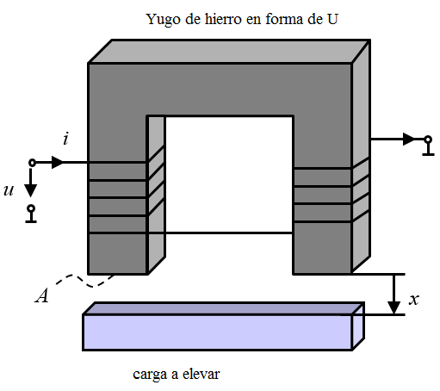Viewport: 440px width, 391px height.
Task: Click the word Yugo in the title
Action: tap(164, 20)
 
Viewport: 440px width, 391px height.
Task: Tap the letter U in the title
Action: tap(332, 19)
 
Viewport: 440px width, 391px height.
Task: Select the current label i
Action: tap(66, 139)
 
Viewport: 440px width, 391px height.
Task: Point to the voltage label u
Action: tap(9, 190)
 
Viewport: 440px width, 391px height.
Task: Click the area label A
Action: tap(42, 295)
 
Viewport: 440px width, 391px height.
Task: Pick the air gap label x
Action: tap(414, 300)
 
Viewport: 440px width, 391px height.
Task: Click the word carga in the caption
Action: tap(150, 375)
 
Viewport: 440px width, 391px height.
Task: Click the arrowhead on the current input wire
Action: tap(57, 163)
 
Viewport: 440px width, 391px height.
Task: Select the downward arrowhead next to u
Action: tap(30, 190)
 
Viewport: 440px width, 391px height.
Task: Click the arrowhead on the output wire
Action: tap(409, 140)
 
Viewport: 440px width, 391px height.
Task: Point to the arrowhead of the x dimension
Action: tap(394, 307)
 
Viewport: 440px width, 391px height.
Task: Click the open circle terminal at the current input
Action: tap(32, 163)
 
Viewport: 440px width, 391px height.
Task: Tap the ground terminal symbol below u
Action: tap(31, 214)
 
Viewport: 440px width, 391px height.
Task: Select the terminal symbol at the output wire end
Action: tap(428, 146)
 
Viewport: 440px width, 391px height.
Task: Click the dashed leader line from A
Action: tap(84, 281)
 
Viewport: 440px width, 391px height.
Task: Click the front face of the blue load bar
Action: tap(218, 332)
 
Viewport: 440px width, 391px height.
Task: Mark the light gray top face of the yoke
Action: tap(229, 51)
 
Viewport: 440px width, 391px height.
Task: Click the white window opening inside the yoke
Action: tap(229, 175)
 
